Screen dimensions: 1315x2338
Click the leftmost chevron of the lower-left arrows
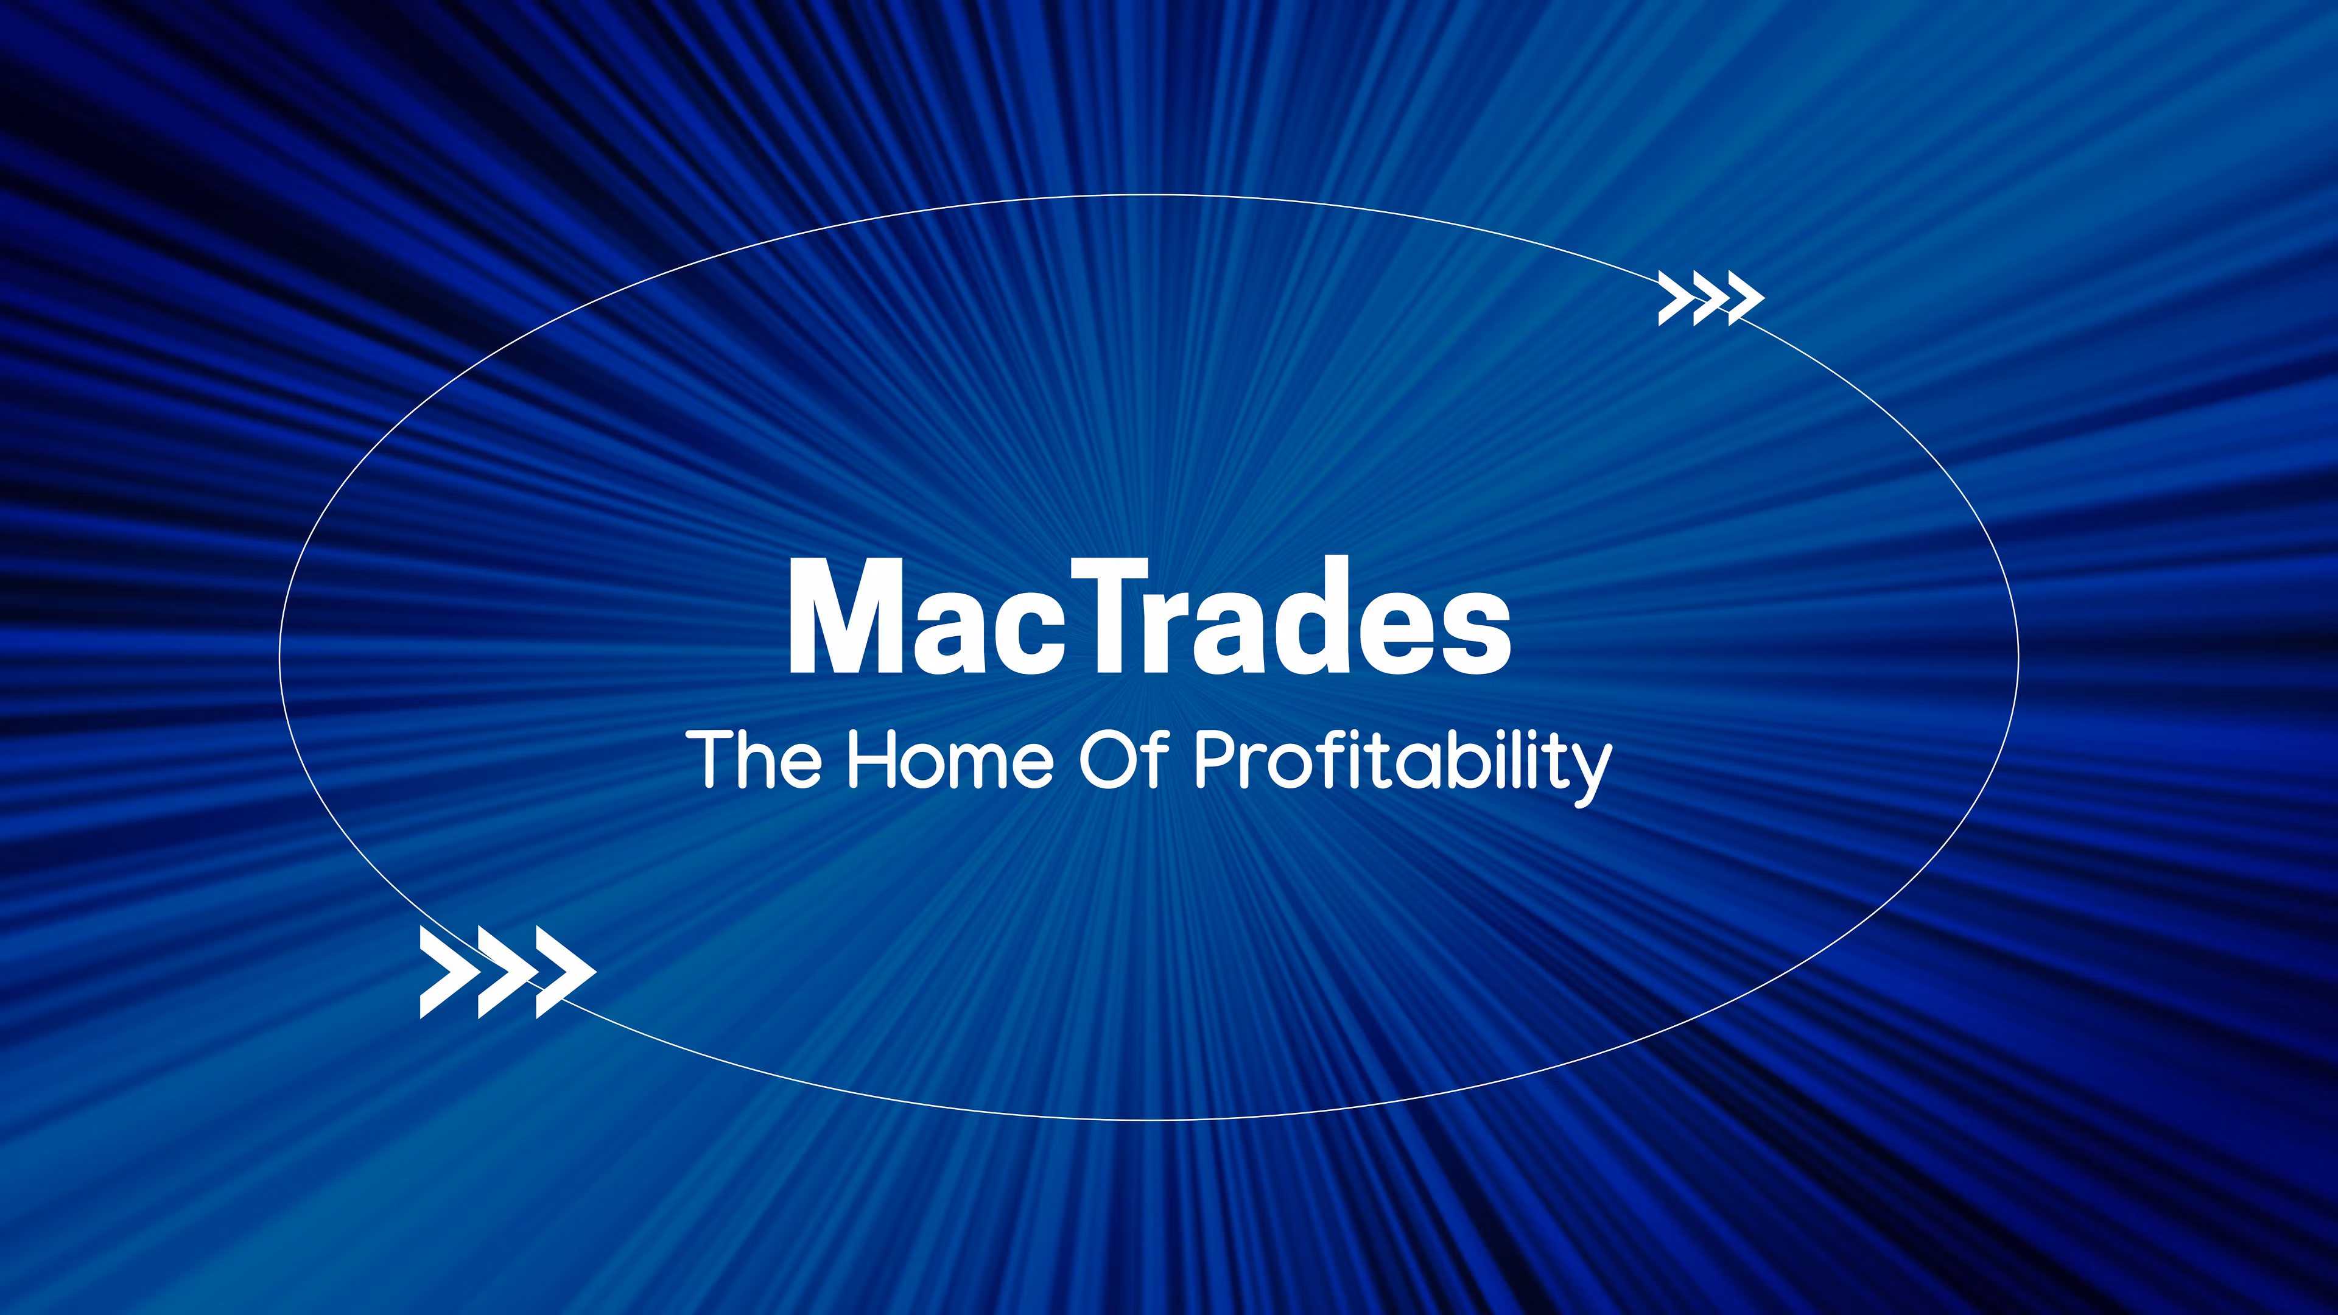pyautogui.click(x=446, y=972)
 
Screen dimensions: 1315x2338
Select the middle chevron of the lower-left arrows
pyautogui.click(x=505, y=972)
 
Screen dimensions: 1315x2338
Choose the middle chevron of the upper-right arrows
pyautogui.click(x=1707, y=298)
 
